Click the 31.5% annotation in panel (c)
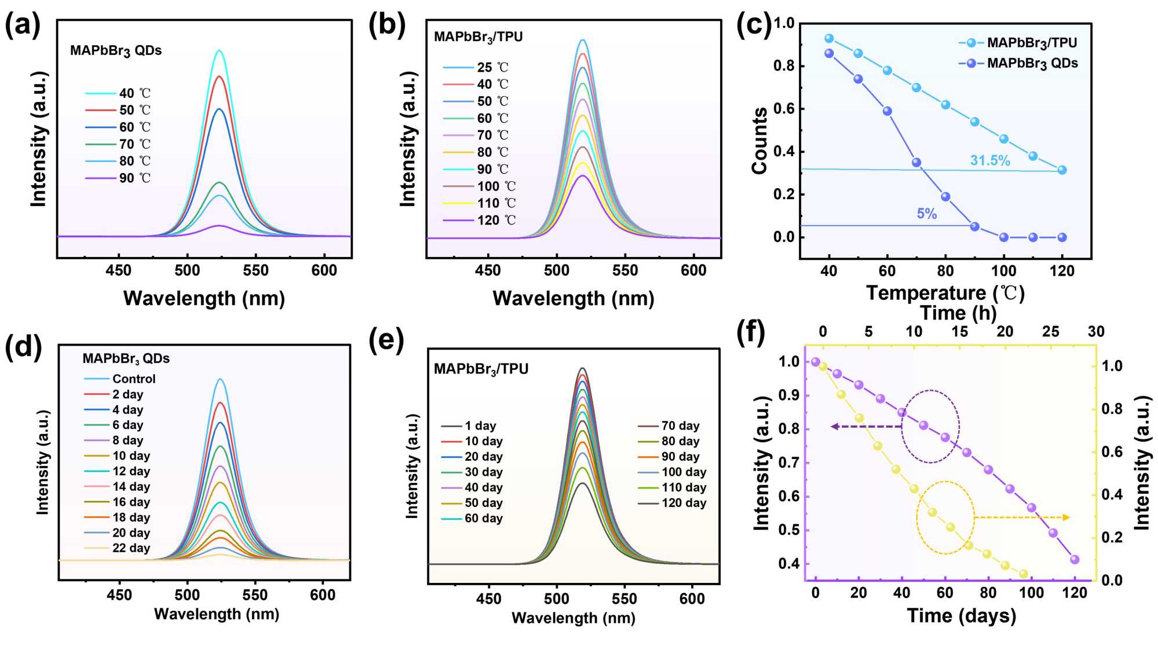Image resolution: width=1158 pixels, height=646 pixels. click(990, 161)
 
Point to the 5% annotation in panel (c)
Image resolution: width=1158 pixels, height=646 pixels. click(927, 214)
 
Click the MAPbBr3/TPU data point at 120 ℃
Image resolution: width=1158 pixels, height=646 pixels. click(1062, 170)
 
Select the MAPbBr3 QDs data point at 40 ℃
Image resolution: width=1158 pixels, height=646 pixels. click(829, 53)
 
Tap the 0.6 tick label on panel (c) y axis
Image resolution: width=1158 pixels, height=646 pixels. click(784, 109)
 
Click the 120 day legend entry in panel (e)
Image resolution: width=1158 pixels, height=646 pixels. click(684, 503)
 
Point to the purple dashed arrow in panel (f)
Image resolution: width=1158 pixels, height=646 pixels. click(865, 427)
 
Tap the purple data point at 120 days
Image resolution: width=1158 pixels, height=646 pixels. click(1075, 559)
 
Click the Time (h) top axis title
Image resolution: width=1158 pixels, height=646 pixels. click(958, 313)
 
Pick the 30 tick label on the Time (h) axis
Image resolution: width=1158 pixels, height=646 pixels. click(1095, 332)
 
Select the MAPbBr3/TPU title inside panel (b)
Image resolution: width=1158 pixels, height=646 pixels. click(478, 37)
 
